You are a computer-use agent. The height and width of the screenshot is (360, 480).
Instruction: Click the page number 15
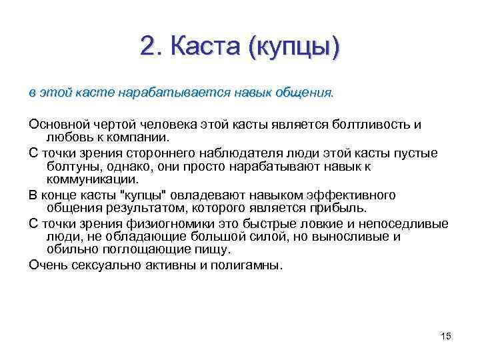(446, 335)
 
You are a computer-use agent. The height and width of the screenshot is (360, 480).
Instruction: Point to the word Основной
(57, 125)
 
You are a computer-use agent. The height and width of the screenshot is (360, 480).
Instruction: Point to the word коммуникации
(93, 180)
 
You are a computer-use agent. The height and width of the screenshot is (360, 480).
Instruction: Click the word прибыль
(338, 208)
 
